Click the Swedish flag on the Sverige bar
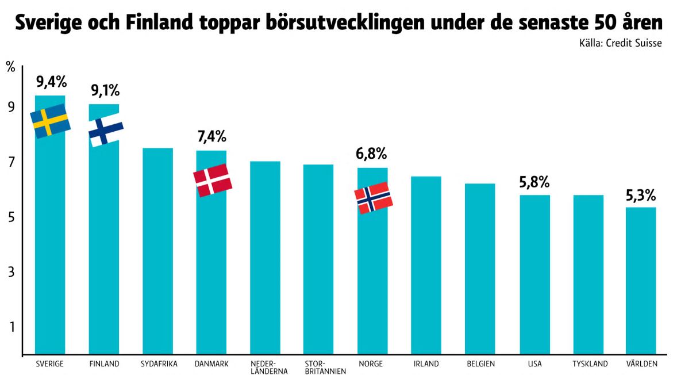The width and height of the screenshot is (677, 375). pos(49,121)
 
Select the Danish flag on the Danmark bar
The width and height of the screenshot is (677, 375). pos(213,180)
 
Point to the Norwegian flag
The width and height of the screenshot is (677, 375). pos(374,198)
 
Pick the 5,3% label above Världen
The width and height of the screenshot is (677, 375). pos(641,196)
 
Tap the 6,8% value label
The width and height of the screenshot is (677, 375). pos(371,154)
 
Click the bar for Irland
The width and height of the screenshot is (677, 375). pos(426,265)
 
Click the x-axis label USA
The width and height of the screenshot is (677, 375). pos(534,364)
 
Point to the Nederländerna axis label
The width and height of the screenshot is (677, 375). pos(264,368)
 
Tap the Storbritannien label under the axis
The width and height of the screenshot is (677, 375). pos(318,368)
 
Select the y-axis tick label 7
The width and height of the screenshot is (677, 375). pos(11,162)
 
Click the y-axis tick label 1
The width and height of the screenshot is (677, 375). pos(11,327)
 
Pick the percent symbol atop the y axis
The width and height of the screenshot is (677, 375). pos(10,66)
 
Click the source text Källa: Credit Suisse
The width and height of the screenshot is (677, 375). pos(620,43)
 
